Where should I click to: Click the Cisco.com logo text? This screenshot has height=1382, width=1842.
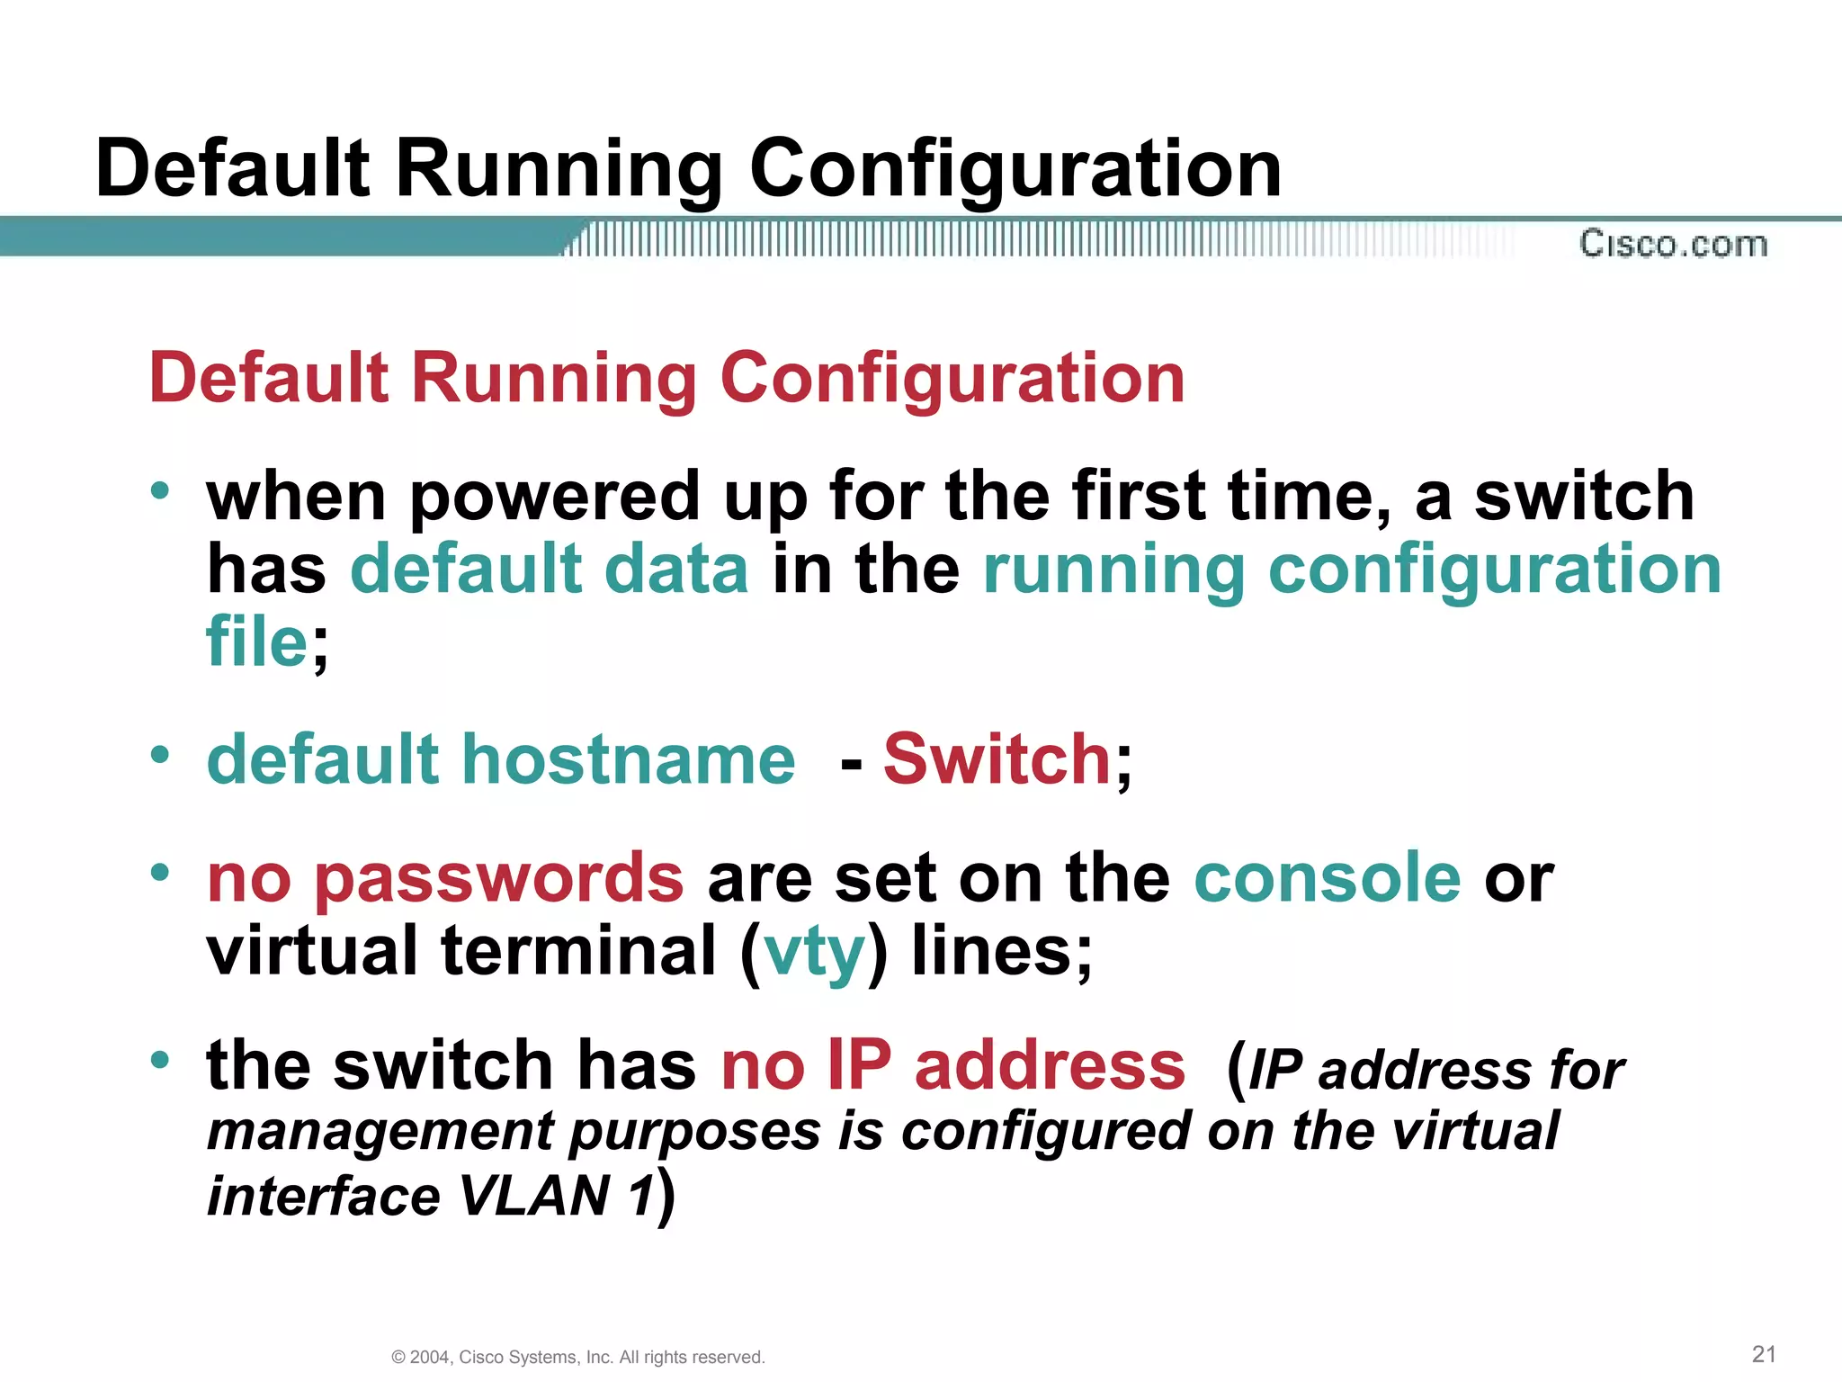pyautogui.click(x=1673, y=244)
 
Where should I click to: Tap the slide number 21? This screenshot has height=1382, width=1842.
pyautogui.click(x=1764, y=1353)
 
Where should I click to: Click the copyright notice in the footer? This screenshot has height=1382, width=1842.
pyautogui.click(x=578, y=1357)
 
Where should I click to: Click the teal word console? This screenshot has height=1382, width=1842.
pyautogui.click(x=1327, y=877)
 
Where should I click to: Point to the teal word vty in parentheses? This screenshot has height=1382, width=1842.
pyautogui.click(x=814, y=952)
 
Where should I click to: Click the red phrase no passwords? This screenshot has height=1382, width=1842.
pyautogui.click(x=444, y=877)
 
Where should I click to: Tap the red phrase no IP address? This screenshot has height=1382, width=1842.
pyautogui.click(x=952, y=1065)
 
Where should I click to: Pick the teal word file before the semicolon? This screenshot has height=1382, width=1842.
pyautogui.click(x=257, y=642)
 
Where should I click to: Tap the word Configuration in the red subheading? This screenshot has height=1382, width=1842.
pyautogui.click(x=952, y=378)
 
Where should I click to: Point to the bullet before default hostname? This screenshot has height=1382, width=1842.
pyautogui.click(x=160, y=754)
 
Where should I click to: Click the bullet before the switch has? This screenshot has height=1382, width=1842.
pyautogui.click(x=160, y=1060)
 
